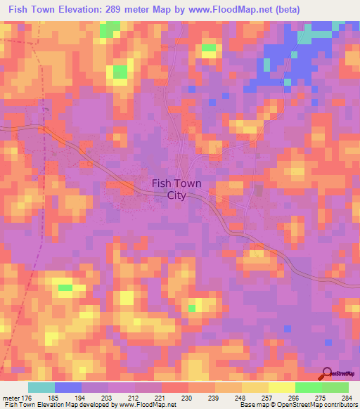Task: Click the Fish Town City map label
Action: point(176,190)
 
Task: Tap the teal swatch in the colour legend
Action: point(41,388)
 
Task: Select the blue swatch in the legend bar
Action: point(68,388)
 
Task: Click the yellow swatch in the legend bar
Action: point(281,388)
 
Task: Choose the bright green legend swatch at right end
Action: point(335,388)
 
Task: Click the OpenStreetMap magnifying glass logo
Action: point(326,375)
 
